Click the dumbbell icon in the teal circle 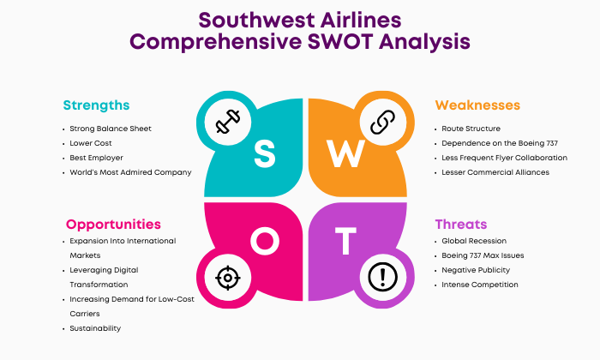pyautogui.click(x=228, y=122)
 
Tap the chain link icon pyautogui.click(x=382, y=122)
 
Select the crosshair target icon pyautogui.click(x=228, y=278)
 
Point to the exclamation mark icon pyautogui.click(x=382, y=277)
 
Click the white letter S pyautogui.click(x=264, y=153)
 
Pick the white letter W pyautogui.click(x=345, y=153)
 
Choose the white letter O pyautogui.click(x=265, y=241)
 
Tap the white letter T pyautogui.click(x=345, y=241)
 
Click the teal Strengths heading pyautogui.click(x=96, y=105)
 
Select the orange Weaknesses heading pyautogui.click(x=477, y=105)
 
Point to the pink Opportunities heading pyautogui.click(x=113, y=225)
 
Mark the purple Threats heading pyautogui.click(x=461, y=225)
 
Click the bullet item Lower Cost pyautogui.click(x=91, y=143)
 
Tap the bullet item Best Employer pyautogui.click(x=96, y=158)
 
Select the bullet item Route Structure pyautogui.click(x=471, y=129)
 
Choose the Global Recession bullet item pyautogui.click(x=474, y=241)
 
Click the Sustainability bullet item pyautogui.click(x=95, y=328)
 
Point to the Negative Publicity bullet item pyautogui.click(x=476, y=270)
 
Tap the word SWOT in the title pyautogui.click(x=340, y=41)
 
